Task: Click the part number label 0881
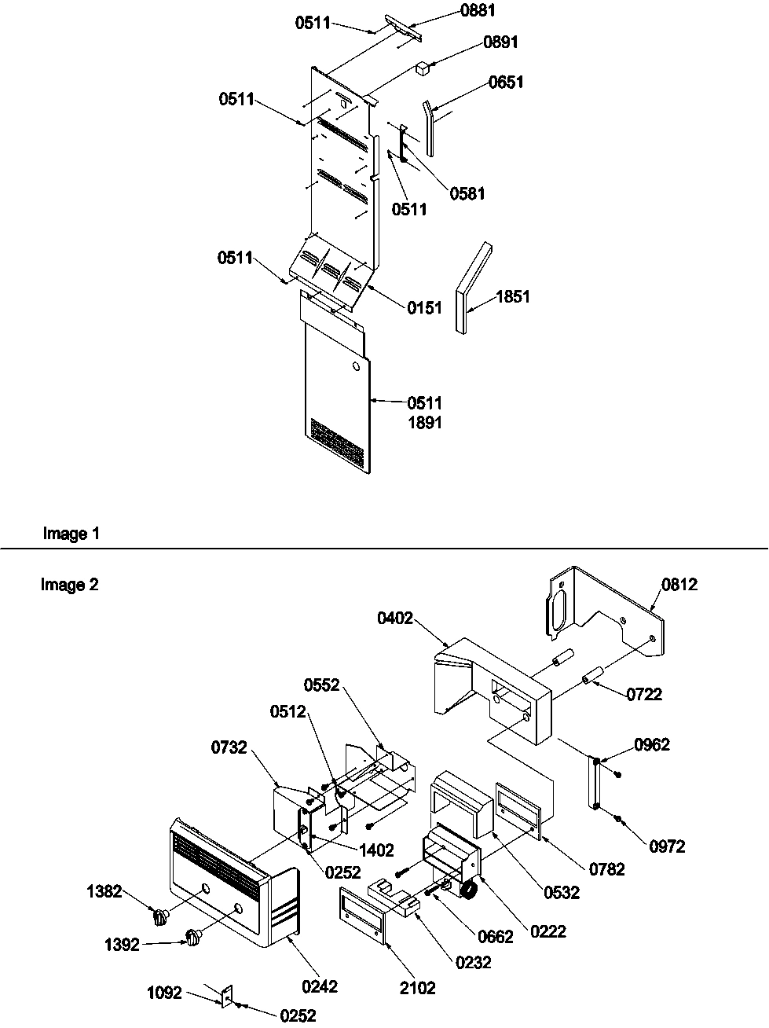(478, 10)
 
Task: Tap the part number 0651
(506, 82)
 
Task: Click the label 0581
(467, 193)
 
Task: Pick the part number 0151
(424, 308)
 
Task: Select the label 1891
(424, 423)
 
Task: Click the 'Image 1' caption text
(71, 534)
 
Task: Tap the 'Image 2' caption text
(70, 585)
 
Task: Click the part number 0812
(679, 584)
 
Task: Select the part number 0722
(644, 694)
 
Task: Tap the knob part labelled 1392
(192, 937)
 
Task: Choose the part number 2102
(418, 989)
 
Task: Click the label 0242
(320, 986)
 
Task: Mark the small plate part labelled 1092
(226, 996)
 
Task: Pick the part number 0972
(667, 846)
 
